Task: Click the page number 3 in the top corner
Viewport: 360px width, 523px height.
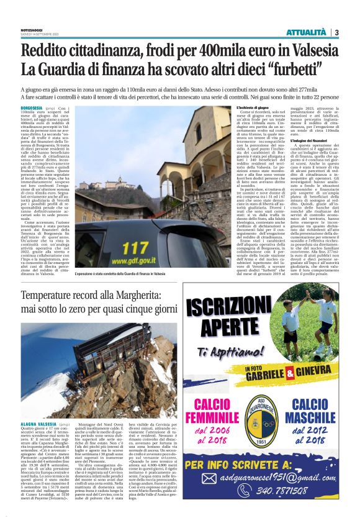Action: tap(336, 32)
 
